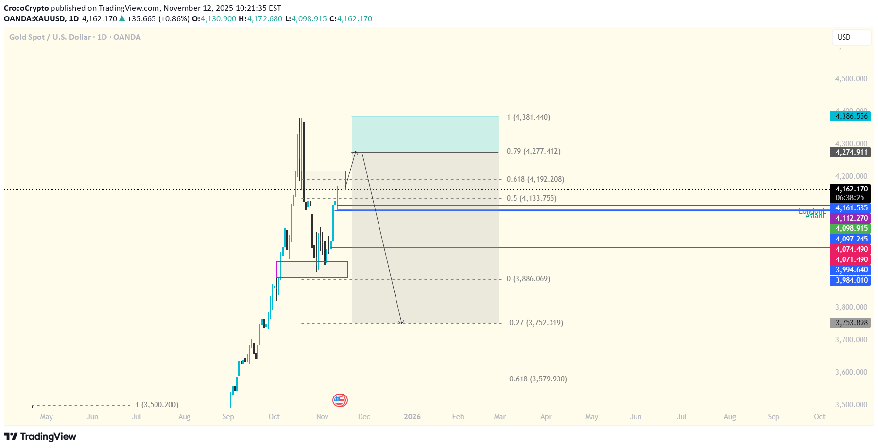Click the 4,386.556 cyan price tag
(850, 116)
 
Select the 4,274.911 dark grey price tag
(850, 152)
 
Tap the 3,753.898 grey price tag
(850, 323)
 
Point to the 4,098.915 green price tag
(850, 228)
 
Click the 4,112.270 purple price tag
(850, 218)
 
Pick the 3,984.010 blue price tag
(850, 280)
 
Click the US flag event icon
(340, 400)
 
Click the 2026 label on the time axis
(412, 417)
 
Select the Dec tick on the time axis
(364, 417)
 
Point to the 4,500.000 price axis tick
(851, 79)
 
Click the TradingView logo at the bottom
(40, 436)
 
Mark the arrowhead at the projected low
(401, 322)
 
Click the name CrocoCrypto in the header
(26, 8)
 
